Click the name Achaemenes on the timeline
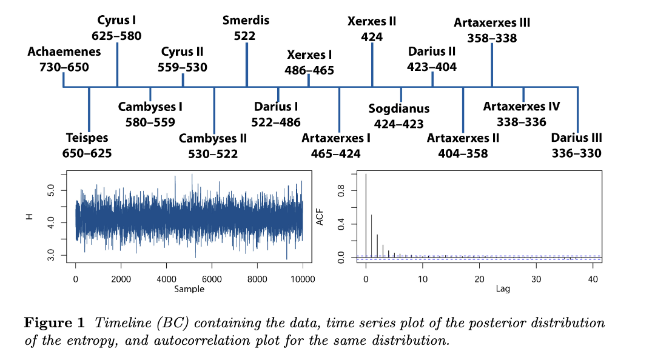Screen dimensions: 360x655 click(x=64, y=52)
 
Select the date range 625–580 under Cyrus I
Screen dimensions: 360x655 click(x=116, y=36)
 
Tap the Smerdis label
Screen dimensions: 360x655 click(x=246, y=21)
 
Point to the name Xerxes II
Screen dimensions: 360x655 click(x=371, y=21)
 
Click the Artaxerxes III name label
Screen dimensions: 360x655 click(x=492, y=22)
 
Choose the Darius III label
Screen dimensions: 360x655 click(x=576, y=138)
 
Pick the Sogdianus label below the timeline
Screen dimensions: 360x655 click(x=398, y=108)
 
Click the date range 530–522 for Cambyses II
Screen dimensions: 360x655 click(x=212, y=154)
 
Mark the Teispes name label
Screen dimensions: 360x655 click(x=87, y=138)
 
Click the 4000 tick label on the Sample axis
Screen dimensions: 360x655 click(x=166, y=279)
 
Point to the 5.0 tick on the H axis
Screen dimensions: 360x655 click(x=52, y=191)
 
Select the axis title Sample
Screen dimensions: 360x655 click(x=189, y=289)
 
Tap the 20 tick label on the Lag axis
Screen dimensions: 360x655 click(x=479, y=279)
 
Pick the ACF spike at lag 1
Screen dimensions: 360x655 click(x=371, y=236)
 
